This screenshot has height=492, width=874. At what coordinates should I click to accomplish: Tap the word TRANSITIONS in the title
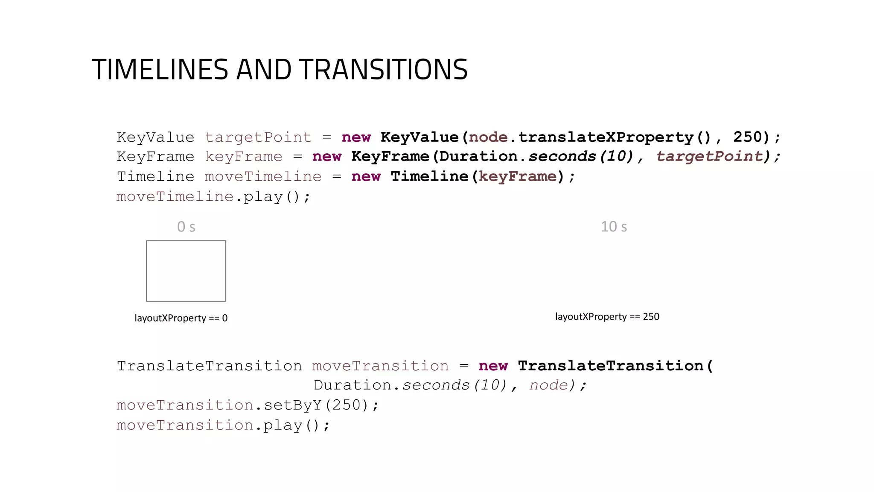tap(383, 70)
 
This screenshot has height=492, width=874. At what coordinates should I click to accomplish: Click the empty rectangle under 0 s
tap(186, 271)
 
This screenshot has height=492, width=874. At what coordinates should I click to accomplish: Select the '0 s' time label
tap(186, 227)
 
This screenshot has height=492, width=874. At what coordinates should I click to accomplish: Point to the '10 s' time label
tap(614, 227)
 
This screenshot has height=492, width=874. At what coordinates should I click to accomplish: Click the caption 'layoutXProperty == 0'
tap(181, 318)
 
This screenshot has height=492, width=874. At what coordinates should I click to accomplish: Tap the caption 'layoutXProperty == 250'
tap(607, 317)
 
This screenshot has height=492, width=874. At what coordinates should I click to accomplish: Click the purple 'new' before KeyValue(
tap(356, 138)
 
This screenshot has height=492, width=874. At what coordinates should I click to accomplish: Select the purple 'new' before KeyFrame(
tap(326, 157)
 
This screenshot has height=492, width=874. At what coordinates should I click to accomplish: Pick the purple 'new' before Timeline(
tap(366, 177)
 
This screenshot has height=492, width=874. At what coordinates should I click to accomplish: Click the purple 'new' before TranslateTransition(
tap(493, 366)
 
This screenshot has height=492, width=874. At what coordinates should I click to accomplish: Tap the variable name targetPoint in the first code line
tap(258, 138)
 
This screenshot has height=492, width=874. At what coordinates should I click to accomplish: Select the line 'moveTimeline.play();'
tap(213, 197)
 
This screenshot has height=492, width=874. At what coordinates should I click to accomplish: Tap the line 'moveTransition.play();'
tap(223, 425)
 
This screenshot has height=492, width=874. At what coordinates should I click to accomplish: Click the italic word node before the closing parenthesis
tap(548, 386)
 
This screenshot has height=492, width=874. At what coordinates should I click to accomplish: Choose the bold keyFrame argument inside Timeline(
tap(517, 177)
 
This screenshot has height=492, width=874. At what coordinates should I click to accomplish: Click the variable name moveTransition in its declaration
tap(380, 366)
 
